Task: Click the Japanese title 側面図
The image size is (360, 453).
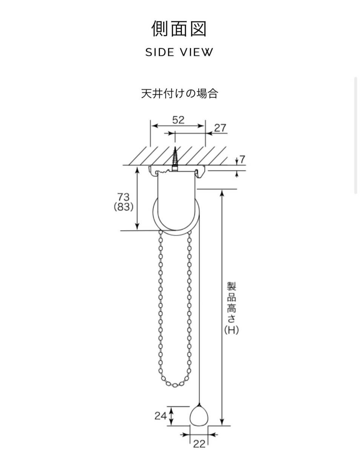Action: [x=178, y=29]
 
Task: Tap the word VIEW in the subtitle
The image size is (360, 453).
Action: [x=197, y=52]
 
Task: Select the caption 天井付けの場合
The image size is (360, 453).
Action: [x=179, y=94]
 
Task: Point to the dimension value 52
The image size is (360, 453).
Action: [x=178, y=120]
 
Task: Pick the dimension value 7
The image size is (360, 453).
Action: [x=242, y=159]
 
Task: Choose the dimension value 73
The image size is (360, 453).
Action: [x=123, y=197]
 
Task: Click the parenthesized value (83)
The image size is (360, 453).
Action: [x=123, y=207]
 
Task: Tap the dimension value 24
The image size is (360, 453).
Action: [x=160, y=416]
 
